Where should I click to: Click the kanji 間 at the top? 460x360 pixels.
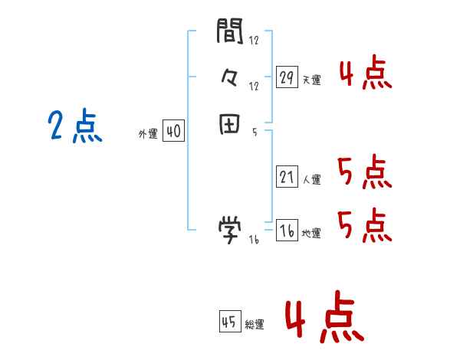(x=230, y=31)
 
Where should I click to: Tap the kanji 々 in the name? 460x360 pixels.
(x=230, y=77)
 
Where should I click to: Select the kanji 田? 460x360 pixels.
(x=230, y=125)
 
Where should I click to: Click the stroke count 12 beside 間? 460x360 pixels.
(x=254, y=41)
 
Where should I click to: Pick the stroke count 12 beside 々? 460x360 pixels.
(x=254, y=87)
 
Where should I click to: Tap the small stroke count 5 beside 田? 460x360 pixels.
(x=254, y=133)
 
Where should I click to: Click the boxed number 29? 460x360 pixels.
(x=287, y=77)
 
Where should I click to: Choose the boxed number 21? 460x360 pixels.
(x=287, y=178)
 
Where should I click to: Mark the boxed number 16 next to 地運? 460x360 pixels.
(x=287, y=231)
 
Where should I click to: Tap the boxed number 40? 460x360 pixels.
(x=173, y=133)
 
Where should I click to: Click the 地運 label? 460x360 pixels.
(x=312, y=234)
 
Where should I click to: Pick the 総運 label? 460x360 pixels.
(x=255, y=325)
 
